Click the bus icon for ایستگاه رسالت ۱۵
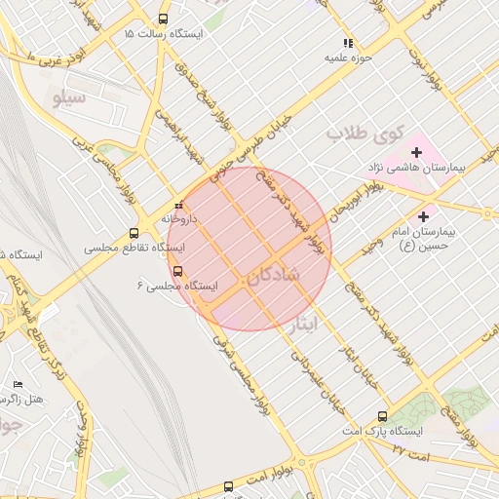(x=162, y=19)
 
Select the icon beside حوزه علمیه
(x=348, y=42)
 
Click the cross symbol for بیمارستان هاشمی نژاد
(x=417, y=152)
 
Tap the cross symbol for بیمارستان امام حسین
(x=423, y=216)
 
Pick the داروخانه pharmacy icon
(x=178, y=206)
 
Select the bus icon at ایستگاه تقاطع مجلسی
(x=134, y=233)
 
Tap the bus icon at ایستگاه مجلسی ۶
(x=177, y=272)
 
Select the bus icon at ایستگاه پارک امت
(x=382, y=416)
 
